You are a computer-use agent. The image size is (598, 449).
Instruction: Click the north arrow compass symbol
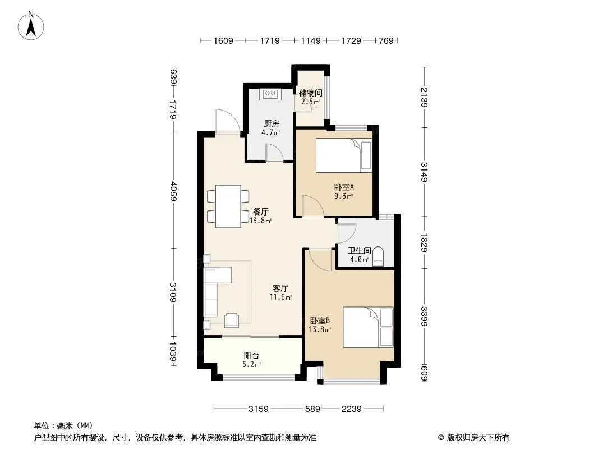(31, 26)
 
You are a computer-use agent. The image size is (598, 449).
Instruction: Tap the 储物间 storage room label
(310, 93)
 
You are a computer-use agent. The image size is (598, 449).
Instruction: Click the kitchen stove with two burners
(270, 94)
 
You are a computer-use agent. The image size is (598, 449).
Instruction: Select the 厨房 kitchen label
(271, 123)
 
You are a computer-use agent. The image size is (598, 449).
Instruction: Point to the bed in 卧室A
(344, 155)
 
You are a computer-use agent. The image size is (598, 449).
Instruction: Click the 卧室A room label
(344, 187)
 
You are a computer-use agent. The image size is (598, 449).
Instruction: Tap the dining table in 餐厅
(228, 207)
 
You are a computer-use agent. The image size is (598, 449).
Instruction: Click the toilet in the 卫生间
(378, 256)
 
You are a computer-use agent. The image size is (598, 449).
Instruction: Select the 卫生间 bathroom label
(359, 250)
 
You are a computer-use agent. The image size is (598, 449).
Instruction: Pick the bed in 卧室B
(368, 327)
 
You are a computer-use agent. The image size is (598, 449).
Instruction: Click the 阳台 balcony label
(251, 355)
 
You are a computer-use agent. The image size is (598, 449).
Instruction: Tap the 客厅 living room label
(280, 288)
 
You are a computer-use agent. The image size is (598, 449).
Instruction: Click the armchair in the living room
(232, 320)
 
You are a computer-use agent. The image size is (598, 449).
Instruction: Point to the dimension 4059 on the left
(173, 191)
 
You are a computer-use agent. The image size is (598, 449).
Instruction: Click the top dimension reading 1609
(223, 40)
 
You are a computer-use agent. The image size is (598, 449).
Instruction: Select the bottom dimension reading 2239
(351, 409)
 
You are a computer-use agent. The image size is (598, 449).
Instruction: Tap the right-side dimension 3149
(424, 172)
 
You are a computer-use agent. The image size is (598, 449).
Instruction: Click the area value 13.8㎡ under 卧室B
(320, 329)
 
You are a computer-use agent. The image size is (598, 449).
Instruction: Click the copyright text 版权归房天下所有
(478, 438)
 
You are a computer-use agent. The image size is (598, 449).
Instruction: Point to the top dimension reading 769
(386, 40)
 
